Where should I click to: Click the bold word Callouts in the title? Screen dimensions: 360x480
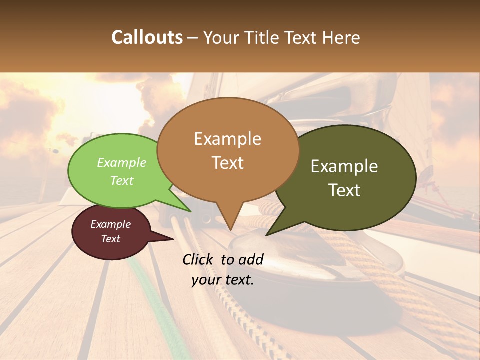pyautogui.click(x=147, y=37)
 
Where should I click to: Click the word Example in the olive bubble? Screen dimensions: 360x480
pyautogui.click(x=344, y=166)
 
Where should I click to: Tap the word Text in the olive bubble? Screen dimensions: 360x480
pyautogui.click(x=344, y=190)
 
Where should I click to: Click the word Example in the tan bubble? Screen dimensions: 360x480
pyautogui.click(x=227, y=139)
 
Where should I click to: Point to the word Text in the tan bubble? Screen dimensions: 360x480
pyautogui.click(x=227, y=163)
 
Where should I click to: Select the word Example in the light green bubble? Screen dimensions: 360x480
pyautogui.click(x=121, y=162)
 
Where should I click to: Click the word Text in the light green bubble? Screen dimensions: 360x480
pyautogui.click(x=121, y=180)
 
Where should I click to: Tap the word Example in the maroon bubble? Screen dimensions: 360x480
pyautogui.click(x=110, y=224)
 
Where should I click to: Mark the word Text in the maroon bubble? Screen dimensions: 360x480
pyautogui.click(x=110, y=239)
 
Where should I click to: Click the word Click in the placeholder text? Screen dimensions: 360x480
pyautogui.click(x=198, y=259)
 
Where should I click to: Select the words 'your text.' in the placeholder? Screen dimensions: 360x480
pyautogui.click(x=223, y=280)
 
